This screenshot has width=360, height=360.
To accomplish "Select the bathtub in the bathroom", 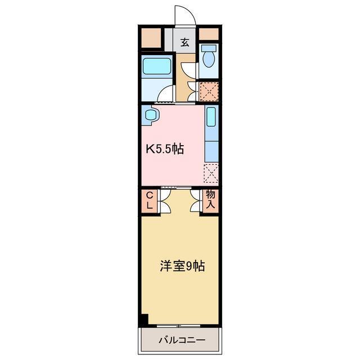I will [157, 66].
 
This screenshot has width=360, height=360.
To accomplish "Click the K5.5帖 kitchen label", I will [165, 149].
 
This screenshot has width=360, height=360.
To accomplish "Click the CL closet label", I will [150, 200].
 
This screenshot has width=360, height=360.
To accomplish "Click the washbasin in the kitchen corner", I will [151, 116].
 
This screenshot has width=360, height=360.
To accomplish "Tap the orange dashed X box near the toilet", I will [209, 90].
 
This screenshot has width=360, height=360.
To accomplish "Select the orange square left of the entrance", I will [151, 38].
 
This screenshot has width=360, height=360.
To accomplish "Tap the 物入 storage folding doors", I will [196, 201].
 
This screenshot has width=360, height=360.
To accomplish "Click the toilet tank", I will [209, 47].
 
